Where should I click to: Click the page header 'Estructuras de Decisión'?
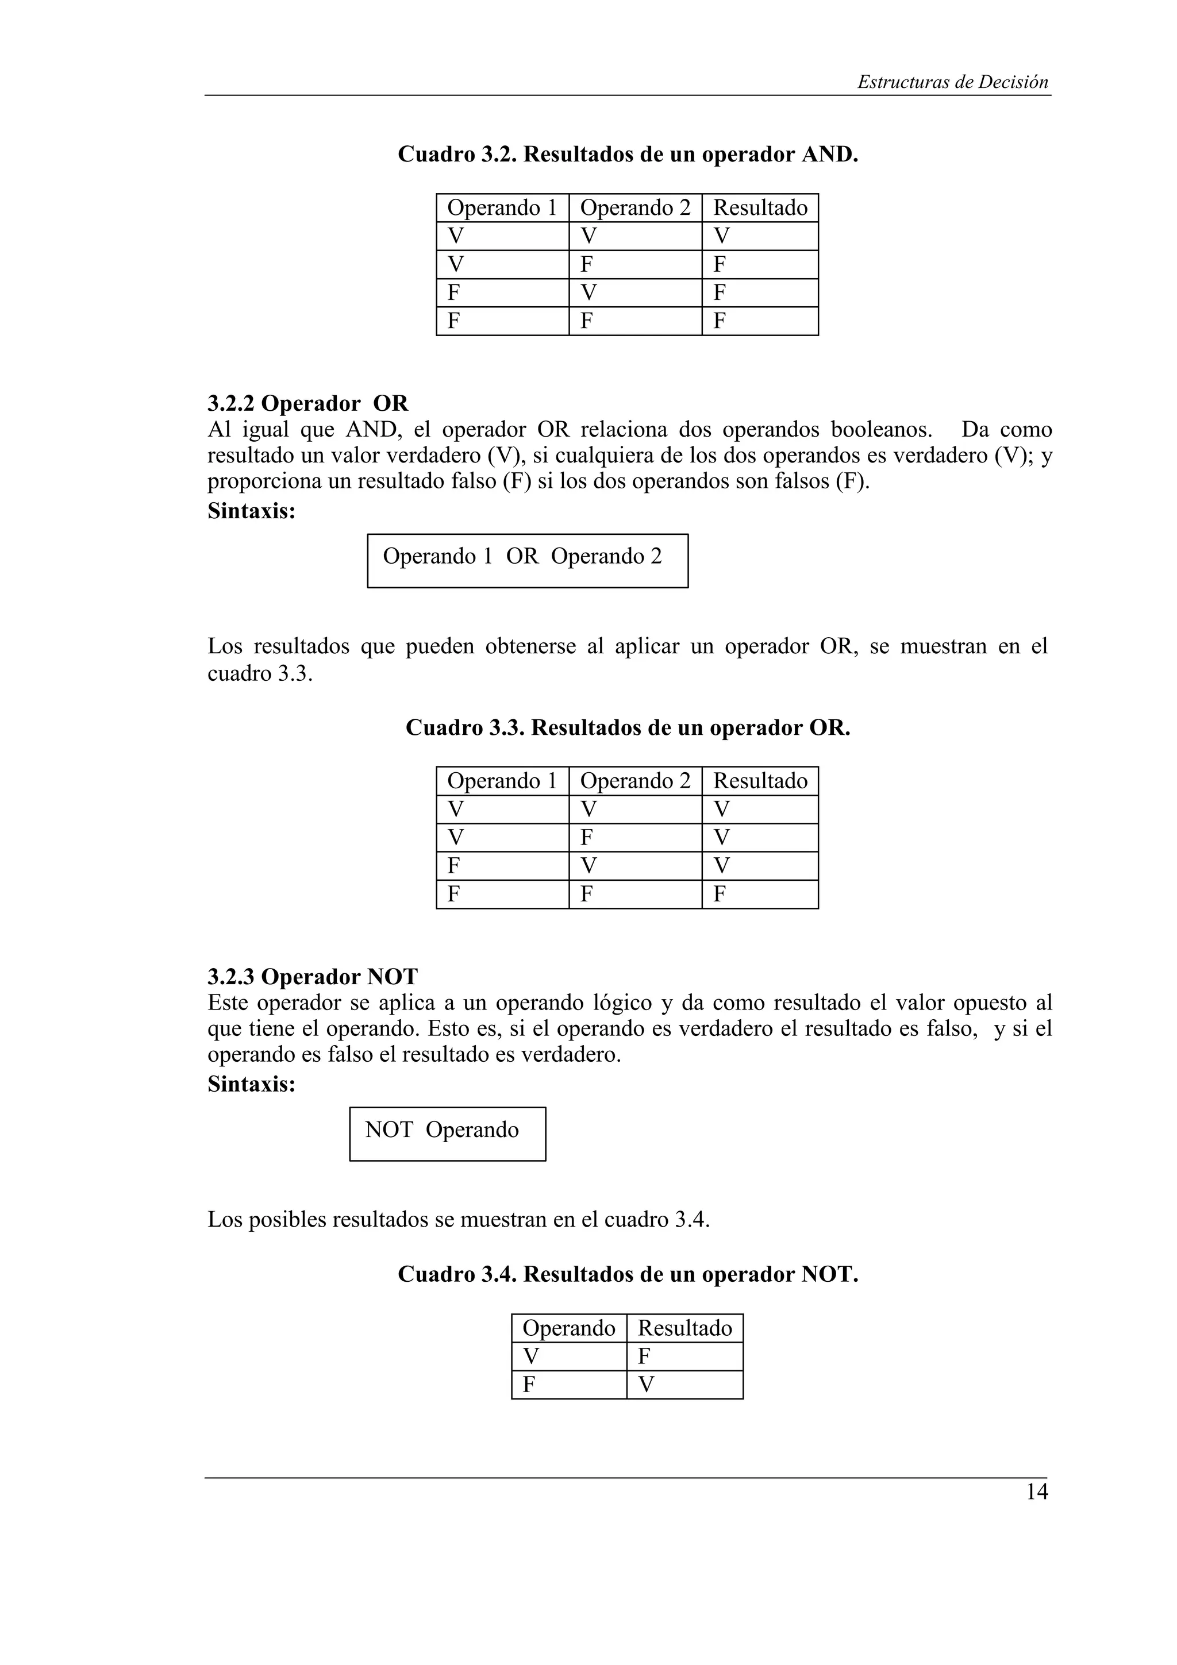pyautogui.click(x=952, y=82)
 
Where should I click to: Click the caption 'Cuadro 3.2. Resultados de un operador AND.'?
pyautogui.click(x=628, y=155)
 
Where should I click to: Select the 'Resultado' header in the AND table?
pyautogui.click(x=759, y=208)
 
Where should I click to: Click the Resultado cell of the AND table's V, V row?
pyautogui.click(x=759, y=236)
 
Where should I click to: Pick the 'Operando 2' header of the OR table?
pyautogui.click(x=634, y=781)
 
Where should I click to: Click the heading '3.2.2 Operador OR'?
pyautogui.click(x=307, y=403)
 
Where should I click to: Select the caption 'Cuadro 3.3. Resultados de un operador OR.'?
pyautogui.click(x=628, y=727)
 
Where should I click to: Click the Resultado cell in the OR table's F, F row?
pyautogui.click(x=759, y=894)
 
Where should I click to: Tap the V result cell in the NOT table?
pyautogui.click(x=684, y=1385)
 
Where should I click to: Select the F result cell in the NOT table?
pyautogui.click(x=684, y=1357)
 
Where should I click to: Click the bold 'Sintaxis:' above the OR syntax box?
pyautogui.click(x=251, y=511)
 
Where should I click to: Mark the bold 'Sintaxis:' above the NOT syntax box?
pyautogui.click(x=251, y=1084)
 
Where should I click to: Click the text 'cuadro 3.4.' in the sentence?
pyautogui.click(x=656, y=1220)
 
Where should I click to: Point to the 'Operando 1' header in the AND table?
pyautogui.click(x=502, y=208)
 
